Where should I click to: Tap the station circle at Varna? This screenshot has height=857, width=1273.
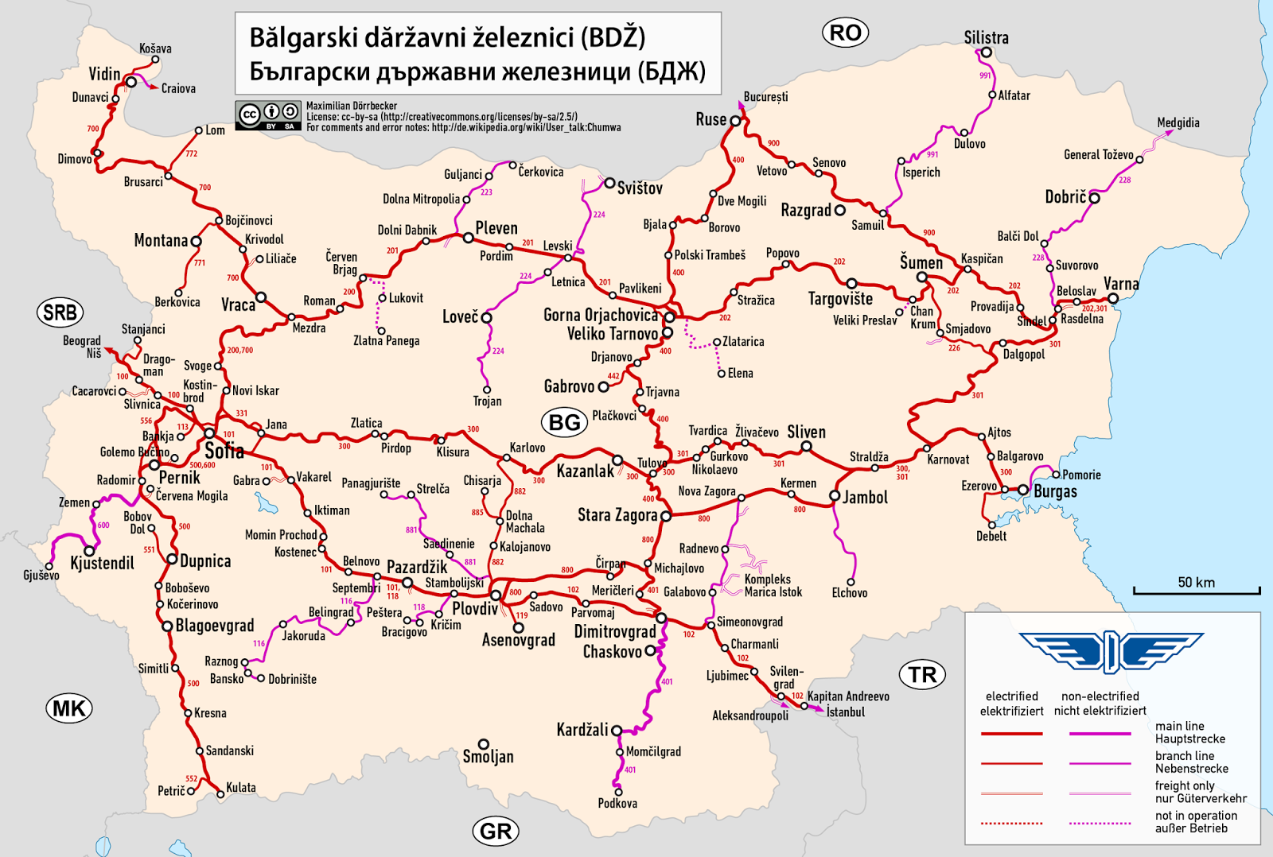pyautogui.click(x=1113, y=299)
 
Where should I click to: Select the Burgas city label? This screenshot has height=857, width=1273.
pyautogui.click(x=1055, y=491)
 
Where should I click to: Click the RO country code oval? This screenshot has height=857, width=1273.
pyautogui.click(x=844, y=33)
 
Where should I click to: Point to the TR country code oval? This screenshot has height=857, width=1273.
pyautogui.click(x=922, y=675)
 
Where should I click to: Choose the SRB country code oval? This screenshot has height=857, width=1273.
pyautogui.click(x=60, y=312)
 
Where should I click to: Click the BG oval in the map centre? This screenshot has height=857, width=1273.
pyautogui.click(x=564, y=422)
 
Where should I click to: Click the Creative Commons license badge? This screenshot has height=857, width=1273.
pyautogui.click(x=269, y=116)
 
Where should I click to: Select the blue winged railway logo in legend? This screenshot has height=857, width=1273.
pyautogui.click(x=1111, y=653)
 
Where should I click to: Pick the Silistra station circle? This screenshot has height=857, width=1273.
pyautogui.click(x=987, y=53)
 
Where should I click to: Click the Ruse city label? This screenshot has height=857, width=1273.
pyautogui.click(x=710, y=119)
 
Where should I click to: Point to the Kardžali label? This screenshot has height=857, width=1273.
pyautogui.click(x=582, y=730)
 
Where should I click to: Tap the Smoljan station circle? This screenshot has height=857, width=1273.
pyautogui.click(x=483, y=745)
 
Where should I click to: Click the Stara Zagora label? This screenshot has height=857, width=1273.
pyautogui.click(x=617, y=515)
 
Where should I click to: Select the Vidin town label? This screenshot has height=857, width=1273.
pyautogui.click(x=104, y=74)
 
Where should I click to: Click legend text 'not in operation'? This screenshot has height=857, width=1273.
pyautogui.click(x=1196, y=816)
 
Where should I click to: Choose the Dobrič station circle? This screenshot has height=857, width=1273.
pyautogui.click(x=1095, y=198)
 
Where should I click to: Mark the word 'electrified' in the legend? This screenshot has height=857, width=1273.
pyautogui.click(x=1011, y=696)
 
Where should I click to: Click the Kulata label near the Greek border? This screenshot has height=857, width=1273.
pyautogui.click(x=241, y=788)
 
